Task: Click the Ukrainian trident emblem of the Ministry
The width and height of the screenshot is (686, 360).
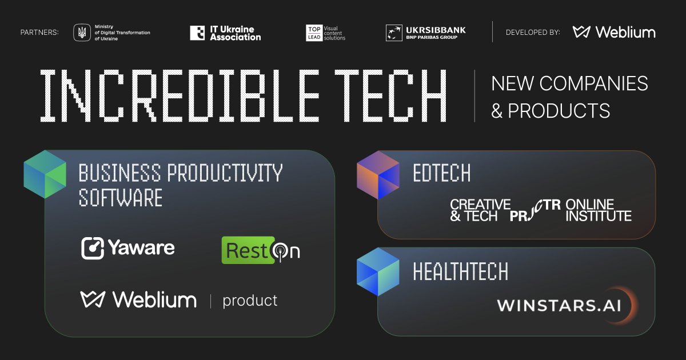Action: (82, 32)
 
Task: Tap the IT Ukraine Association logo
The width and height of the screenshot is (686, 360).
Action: (225, 33)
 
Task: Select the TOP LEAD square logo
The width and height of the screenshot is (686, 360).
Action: (314, 33)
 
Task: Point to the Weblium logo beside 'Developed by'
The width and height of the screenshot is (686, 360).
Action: (614, 32)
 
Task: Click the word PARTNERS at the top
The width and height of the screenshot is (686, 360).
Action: (39, 32)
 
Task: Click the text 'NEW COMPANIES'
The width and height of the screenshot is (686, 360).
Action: (569, 83)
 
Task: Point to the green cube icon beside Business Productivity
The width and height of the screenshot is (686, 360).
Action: (45, 174)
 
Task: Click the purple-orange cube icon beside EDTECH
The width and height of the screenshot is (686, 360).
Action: (378, 175)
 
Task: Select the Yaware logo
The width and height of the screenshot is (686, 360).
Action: (128, 248)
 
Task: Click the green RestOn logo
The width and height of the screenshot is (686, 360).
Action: (261, 250)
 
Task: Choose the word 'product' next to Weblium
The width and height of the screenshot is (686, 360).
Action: (250, 301)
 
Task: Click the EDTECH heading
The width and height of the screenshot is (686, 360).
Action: (441, 173)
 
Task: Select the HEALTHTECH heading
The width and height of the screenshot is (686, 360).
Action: (460, 271)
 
